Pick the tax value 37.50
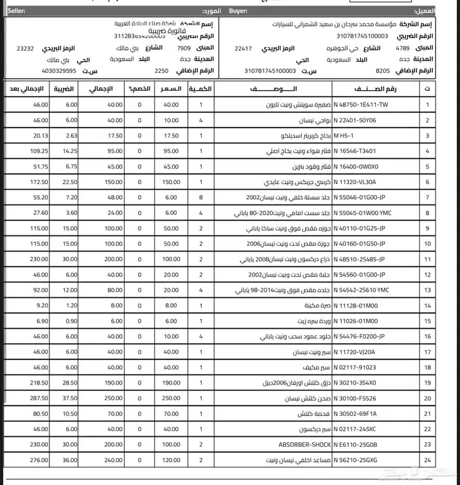click(69, 398)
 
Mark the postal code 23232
click(26, 49)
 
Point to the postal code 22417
click(243, 49)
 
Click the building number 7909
click(183, 49)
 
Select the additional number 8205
click(382, 70)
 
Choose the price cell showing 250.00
click(171, 398)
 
